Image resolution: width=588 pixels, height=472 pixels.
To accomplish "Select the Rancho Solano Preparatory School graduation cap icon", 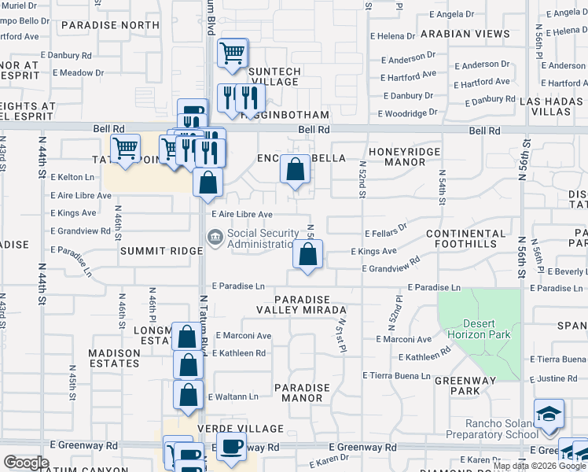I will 548,413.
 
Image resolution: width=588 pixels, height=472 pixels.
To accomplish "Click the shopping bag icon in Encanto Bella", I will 295,168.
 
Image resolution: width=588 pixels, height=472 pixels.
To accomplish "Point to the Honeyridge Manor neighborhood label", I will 405,157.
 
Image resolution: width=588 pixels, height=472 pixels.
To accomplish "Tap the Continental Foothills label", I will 466,239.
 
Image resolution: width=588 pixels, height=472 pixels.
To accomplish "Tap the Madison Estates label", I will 114,358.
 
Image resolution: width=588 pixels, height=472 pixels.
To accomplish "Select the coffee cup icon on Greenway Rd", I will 230,447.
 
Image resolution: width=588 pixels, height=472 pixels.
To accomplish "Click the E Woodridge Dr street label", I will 408,113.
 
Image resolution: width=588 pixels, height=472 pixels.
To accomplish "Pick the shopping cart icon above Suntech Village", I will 233,53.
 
